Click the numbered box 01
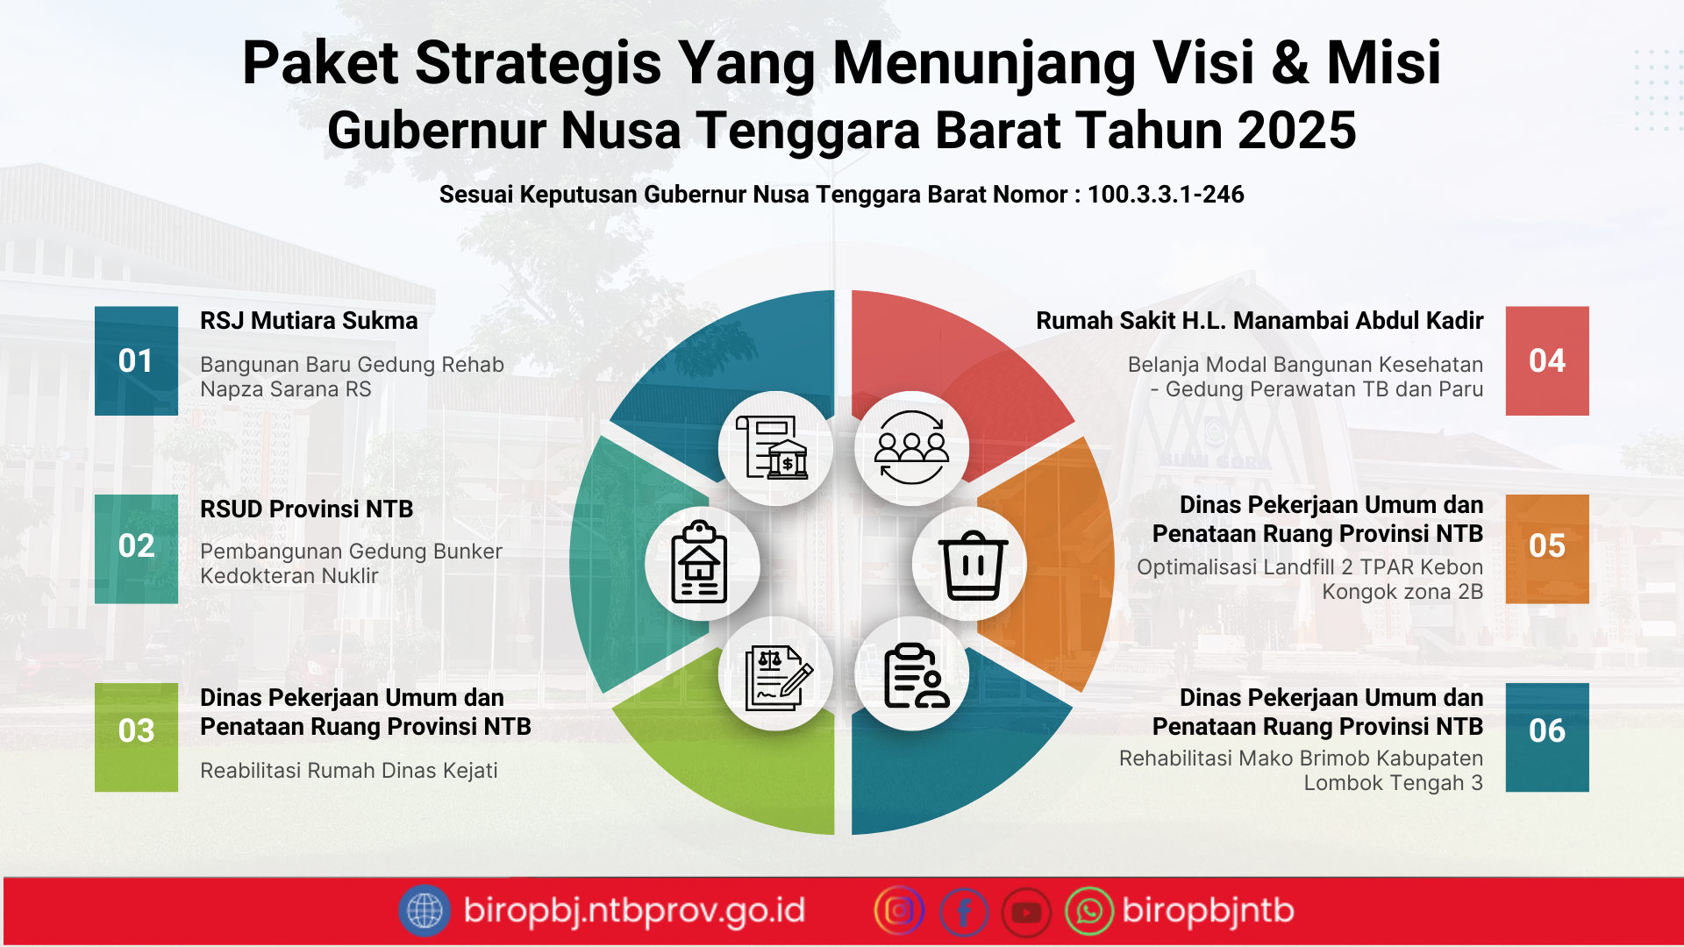pyautogui.click(x=136, y=360)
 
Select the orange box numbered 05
pyautogui.click(x=1546, y=548)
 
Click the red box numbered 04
pyautogui.click(x=1546, y=360)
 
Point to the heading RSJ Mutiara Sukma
pyautogui.click(x=309, y=321)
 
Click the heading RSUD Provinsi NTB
pyautogui.click(x=306, y=509)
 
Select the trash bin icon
pyautogui.click(x=972, y=565)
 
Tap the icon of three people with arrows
pyautogui.click(x=911, y=448)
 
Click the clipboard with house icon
pyautogui.click(x=699, y=563)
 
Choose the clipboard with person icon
pyautogui.click(x=914, y=675)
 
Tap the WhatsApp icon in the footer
pyautogui.click(x=1088, y=911)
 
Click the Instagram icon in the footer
pyautogui.click(x=899, y=911)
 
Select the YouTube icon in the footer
pyautogui.click(x=1026, y=912)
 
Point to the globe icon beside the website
pyautogui.click(x=425, y=910)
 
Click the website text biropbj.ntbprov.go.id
pyautogui.click(x=634, y=910)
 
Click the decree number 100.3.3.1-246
pyautogui.click(x=1165, y=195)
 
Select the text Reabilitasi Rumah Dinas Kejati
pyautogui.click(x=348, y=771)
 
